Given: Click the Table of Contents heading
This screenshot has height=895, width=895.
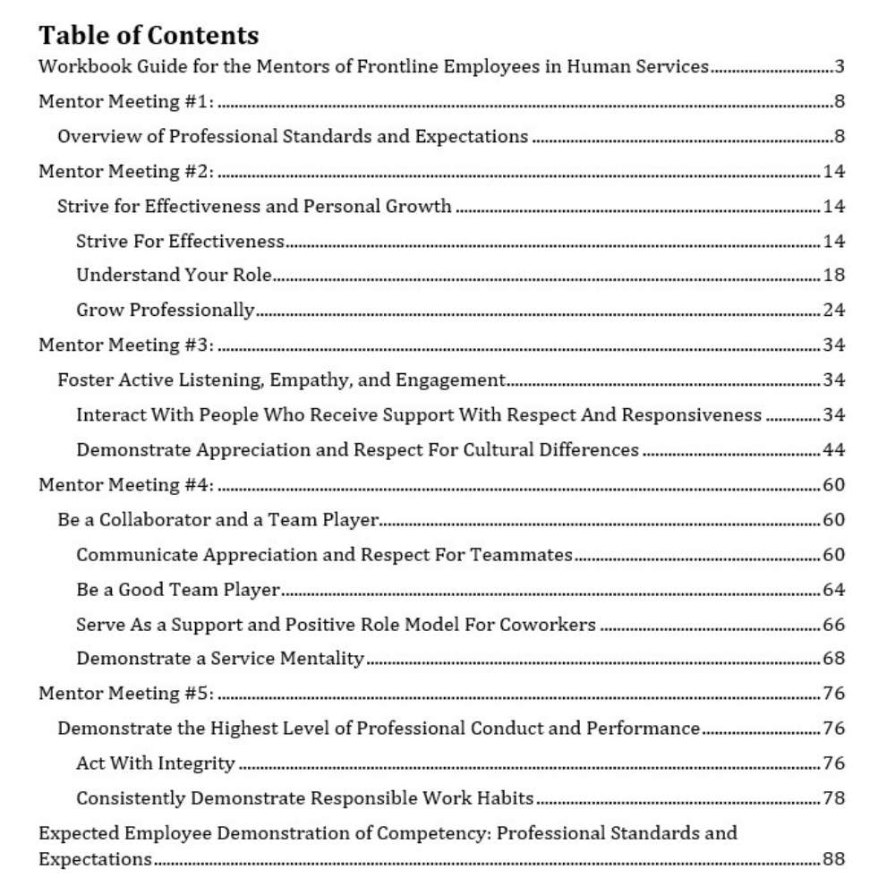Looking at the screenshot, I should coord(149,35).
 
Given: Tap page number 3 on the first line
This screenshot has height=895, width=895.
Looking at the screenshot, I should coord(840,67).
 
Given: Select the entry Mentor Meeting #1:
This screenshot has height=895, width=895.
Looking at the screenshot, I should coord(126,102).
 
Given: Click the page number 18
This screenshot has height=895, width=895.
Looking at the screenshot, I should coord(834,276).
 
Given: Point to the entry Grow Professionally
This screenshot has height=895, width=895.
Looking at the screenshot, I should coord(166,311).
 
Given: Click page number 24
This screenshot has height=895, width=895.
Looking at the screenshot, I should coord(834,311).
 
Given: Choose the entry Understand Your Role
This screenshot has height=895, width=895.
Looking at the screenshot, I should coord(174,276).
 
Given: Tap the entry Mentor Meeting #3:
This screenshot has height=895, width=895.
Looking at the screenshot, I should coord(126,345).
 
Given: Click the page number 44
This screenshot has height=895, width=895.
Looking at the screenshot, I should coord(834,450).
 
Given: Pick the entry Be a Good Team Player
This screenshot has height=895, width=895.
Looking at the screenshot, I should coord(178,590).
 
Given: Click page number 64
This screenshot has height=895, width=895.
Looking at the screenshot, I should coord(834,590).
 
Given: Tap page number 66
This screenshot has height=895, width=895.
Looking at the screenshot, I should coord(834,625).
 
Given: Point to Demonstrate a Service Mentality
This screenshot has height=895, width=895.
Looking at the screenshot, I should coord(220,660).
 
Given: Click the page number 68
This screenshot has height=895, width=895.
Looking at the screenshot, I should coord(834,660).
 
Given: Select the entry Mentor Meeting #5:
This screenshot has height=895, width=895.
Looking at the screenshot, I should coord(126,694).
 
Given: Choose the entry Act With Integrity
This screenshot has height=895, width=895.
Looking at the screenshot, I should coord(156,763).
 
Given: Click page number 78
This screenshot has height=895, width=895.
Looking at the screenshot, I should coord(834,798).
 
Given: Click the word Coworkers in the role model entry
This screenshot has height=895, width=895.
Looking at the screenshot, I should coord(555,625).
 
